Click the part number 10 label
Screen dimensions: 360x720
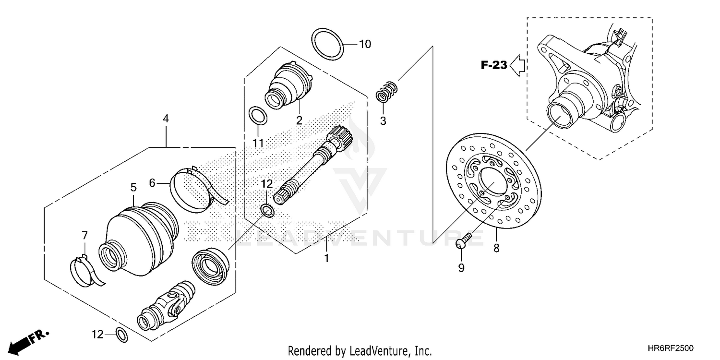[365, 45]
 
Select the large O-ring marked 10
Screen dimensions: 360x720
[328, 44]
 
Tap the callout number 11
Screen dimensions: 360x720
[258, 143]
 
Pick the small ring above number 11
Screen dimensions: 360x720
[258, 116]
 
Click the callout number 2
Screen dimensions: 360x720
[299, 120]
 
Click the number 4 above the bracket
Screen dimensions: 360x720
[166, 118]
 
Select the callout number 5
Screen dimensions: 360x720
[133, 187]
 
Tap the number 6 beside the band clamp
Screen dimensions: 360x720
[152, 182]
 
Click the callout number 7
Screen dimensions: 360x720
[84, 235]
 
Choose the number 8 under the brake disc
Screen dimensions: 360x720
[496, 248]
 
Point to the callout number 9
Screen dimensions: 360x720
[461, 268]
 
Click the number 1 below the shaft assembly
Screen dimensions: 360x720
[326, 259]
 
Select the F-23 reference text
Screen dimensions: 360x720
[494, 65]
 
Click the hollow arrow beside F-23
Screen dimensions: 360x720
[518, 65]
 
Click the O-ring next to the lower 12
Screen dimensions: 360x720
[122, 335]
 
